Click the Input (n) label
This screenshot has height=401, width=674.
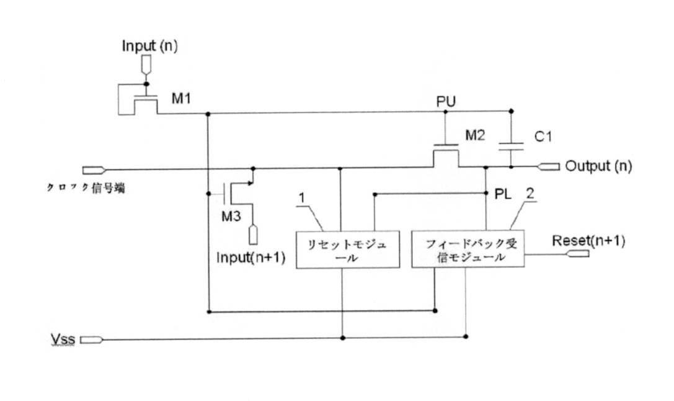pyautogui.click(x=149, y=46)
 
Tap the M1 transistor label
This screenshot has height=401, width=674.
pyautogui.click(x=181, y=99)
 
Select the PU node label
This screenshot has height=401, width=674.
pyautogui.click(x=446, y=102)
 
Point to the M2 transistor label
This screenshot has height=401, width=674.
pyautogui.click(x=475, y=135)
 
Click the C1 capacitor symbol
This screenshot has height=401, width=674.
pyautogui.click(x=511, y=146)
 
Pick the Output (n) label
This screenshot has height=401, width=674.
pyautogui.click(x=598, y=166)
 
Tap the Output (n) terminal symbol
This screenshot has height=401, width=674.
pyautogui.click(x=549, y=166)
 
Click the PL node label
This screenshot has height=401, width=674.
pyautogui.click(x=503, y=194)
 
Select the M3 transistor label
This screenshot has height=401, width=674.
pyautogui.click(x=231, y=216)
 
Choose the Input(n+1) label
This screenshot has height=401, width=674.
pyautogui.click(x=251, y=257)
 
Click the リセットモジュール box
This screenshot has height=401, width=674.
pyautogui.click(x=348, y=250)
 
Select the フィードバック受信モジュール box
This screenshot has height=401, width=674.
pyautogui.click(x=468, y=249)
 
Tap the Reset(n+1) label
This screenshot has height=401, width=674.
pyautogui.click(x=588, y=240)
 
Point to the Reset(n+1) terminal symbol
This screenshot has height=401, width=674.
pyautogui.click(x=578, y=254)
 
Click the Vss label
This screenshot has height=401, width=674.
pyautogui.click(x=63, y=340)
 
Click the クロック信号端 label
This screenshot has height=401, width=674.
pyautogui.click(x=86, y=187)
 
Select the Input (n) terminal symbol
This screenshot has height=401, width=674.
pyautogui.click(x=146, y=65)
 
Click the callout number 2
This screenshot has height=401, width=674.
pyautogui.click(x=530, y=193)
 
